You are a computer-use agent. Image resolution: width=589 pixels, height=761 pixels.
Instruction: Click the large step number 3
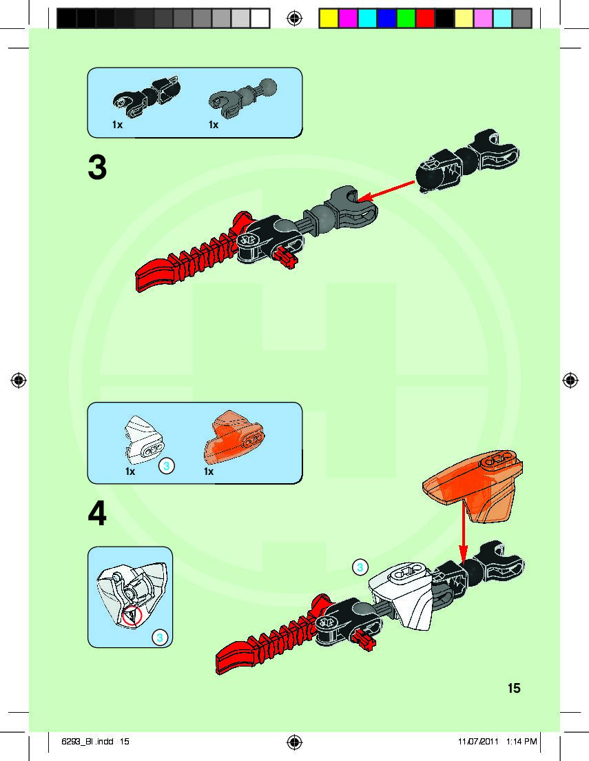point(98,168)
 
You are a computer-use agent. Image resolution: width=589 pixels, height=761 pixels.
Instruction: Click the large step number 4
point(98,514)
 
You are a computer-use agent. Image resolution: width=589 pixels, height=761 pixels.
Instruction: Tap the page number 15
point(514,687)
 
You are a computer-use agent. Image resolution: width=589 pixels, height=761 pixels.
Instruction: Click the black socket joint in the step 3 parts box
point(147,94)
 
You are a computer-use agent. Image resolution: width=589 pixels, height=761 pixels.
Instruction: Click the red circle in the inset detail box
point(131,616)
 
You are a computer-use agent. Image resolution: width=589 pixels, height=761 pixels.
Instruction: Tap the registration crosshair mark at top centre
point(294,18)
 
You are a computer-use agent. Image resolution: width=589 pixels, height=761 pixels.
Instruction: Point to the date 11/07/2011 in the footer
point(478,742)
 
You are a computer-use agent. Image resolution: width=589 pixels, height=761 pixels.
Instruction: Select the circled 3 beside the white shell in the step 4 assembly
point(358,567)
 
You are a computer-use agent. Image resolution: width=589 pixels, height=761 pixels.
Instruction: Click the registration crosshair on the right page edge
point(570,380)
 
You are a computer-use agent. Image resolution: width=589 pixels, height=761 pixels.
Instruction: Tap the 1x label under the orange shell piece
point(209,472)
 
